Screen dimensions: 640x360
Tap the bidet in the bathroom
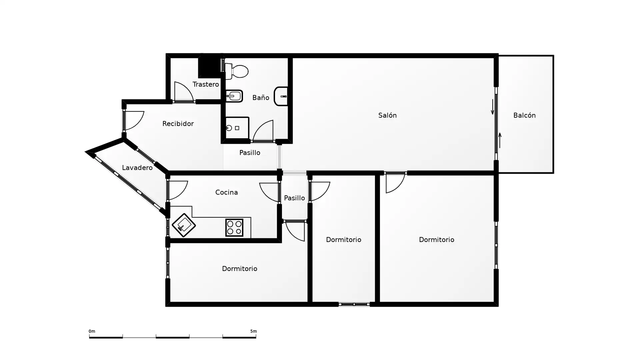click(234, 96)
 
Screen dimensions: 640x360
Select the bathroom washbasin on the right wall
click(281, 96)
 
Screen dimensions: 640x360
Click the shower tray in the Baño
click(237, 128)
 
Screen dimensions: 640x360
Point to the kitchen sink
click(184, 225)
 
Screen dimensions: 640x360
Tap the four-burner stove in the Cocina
click(234, 227)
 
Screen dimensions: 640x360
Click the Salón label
click(387, 115)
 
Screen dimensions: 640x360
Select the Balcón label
click(524, 115)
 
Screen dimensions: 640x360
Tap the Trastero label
click(206, 84)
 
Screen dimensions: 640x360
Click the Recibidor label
click(178, 124)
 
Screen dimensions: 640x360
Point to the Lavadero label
click(137, 168)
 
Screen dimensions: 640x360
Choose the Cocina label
click(227, 192)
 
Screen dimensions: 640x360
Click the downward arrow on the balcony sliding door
click(493, 107)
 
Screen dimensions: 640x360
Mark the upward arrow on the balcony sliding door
click(500, 140)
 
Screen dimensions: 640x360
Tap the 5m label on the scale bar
click(254, 331)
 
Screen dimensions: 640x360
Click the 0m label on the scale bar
click(92, 331)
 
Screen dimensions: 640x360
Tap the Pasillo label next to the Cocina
click(294, 198)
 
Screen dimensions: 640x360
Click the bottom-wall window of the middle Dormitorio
click(354, 304)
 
